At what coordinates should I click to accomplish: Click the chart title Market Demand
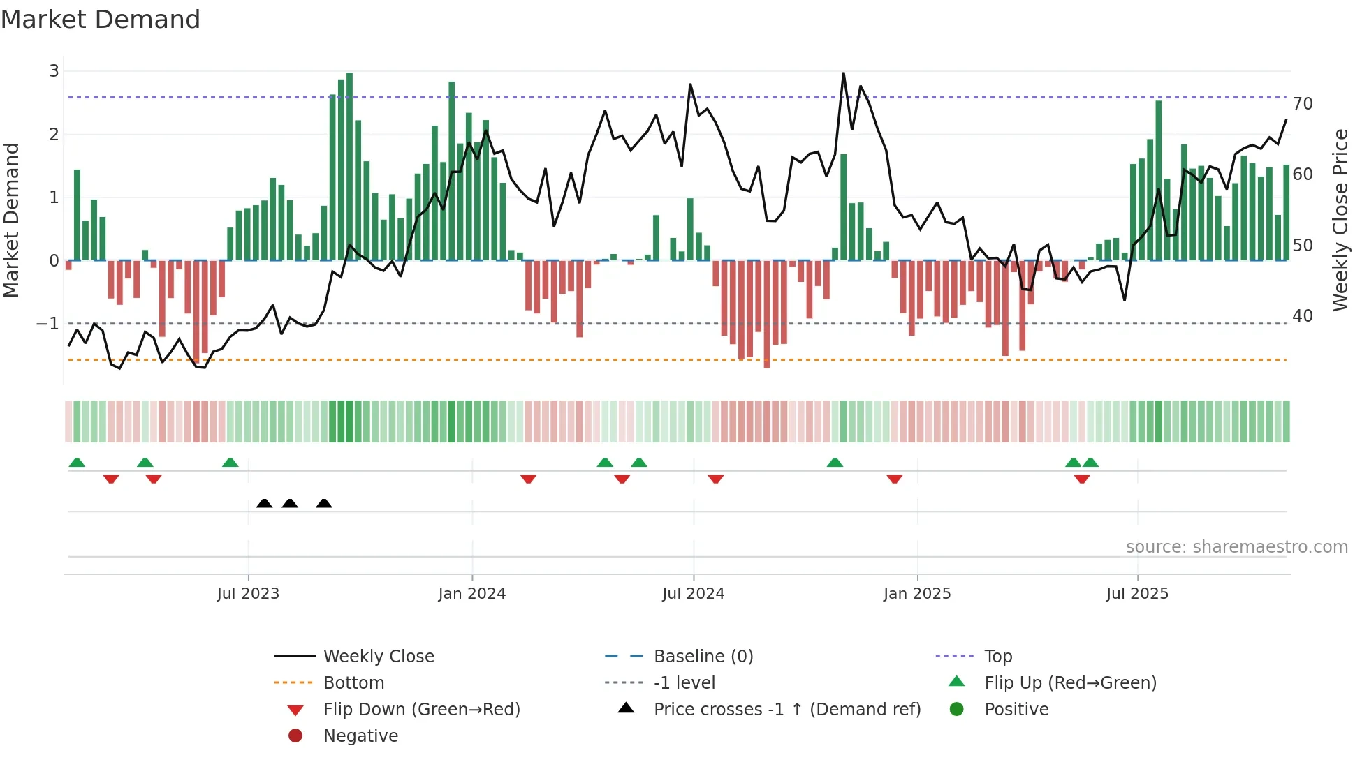point(101,20)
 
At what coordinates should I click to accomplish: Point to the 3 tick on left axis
point(54,70)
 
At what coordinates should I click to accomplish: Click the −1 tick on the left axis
point(48,324)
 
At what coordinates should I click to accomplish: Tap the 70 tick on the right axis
point(1303,104)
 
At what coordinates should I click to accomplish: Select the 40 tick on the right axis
point(1303,316)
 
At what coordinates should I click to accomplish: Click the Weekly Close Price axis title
point(1340,220)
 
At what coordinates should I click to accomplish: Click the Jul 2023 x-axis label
point(248,594)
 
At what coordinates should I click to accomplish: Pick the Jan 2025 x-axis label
point(916,594)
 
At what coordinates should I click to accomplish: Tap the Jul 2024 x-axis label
point(693,594)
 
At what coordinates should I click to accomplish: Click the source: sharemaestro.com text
point(1236,547)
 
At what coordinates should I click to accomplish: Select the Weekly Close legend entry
point(378,657)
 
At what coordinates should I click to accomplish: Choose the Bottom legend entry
point(353,683)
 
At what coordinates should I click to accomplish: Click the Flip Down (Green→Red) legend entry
point(421,710)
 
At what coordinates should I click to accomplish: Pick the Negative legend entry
point(360,736)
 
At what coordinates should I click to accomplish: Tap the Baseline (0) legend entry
point(703,657)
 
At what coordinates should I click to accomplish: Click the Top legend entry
point(997,657)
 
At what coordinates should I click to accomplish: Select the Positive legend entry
point(1016,710)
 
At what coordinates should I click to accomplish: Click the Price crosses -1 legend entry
point(786,710)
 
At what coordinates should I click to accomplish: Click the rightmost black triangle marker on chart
point(323,504)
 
